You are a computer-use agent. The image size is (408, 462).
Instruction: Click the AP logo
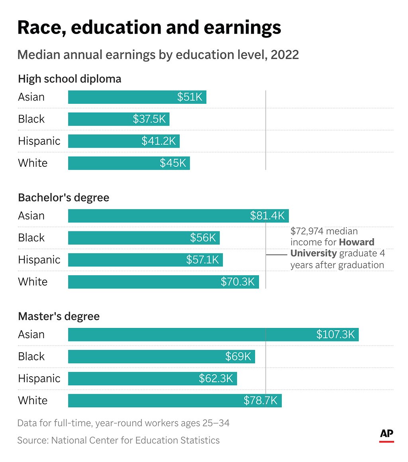point(386,436)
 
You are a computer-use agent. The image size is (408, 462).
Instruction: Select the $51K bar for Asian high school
point(137,97)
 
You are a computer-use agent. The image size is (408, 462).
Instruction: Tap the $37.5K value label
point(149,119)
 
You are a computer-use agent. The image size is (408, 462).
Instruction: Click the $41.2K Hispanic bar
point(124,141)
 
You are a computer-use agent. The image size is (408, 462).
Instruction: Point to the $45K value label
point(173,163)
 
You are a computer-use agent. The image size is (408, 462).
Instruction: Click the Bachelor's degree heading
point(63,197)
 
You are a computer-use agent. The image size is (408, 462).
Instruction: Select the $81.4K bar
point(178,216)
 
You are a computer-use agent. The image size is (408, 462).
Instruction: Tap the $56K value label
point(203,238)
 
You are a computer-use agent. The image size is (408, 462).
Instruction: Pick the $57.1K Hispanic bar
point(145,260)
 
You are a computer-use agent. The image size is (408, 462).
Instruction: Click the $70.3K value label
point(238,282)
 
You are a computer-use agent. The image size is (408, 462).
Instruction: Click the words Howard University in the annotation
point(332,248)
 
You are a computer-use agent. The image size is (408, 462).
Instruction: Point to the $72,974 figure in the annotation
point(307,231)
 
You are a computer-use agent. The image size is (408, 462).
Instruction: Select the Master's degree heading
point(59,316)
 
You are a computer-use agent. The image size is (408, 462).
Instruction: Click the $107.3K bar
point(213,334)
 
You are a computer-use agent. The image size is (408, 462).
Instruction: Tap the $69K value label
point(238,357)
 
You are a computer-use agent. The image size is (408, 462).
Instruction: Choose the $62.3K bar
point(152,379)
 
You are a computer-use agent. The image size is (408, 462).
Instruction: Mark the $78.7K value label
point(260,401)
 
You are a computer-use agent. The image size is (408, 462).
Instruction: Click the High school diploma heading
point(70,79)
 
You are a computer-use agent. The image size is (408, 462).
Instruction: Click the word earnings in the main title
point(242,28)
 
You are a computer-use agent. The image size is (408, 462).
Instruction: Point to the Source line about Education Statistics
point(119,440)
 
